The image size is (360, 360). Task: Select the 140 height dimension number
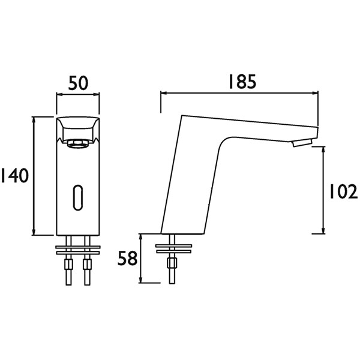[15, 176]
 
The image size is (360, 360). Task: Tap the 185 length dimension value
[242, 82]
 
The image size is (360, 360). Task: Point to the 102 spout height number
[343, 191]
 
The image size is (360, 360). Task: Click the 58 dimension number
[127, 258]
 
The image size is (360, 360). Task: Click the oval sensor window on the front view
[78, 197]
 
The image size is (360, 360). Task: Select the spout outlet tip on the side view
[302, 143]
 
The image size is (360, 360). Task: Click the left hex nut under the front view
[68, 264]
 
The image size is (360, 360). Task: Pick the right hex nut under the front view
[87, 264]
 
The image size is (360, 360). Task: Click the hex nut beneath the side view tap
[172, 263]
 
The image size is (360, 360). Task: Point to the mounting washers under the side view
[173, 248]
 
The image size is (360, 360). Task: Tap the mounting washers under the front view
[78, 250]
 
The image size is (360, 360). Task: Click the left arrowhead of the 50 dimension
[59, 94]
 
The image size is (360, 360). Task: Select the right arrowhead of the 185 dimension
[315, 93]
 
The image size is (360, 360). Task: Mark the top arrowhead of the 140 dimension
[34, 120]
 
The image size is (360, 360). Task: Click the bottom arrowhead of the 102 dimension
[323, 230]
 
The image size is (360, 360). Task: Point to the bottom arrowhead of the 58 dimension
[140, 280]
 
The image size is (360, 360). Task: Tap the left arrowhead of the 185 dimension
[164, 93]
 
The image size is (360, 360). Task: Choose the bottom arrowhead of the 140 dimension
[34, 232]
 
